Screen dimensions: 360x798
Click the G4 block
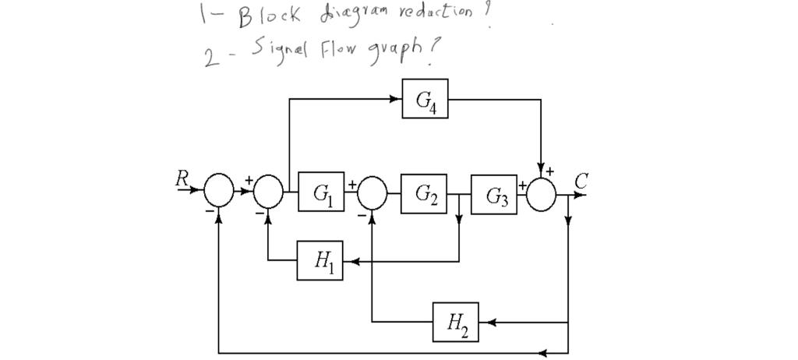[425, 99]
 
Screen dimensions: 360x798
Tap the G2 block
[424, 193]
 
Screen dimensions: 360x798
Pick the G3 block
[494, 195]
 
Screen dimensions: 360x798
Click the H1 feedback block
[320, 261]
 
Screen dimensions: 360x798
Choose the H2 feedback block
[456, 321]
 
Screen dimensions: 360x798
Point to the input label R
[182, 178]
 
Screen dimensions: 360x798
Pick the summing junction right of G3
[541, 194]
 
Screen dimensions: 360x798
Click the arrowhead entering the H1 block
[348, 262]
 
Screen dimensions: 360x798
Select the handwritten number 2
[210, 59]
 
